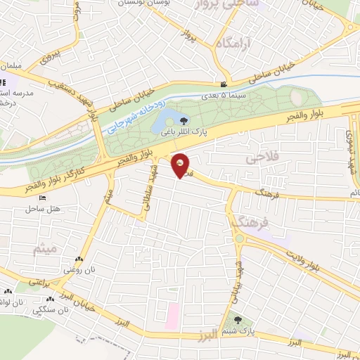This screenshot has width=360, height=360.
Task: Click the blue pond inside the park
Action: [169, 117]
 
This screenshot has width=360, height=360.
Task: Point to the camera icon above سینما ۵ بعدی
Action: [224, 84]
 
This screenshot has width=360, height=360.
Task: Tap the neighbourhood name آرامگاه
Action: [233, 44]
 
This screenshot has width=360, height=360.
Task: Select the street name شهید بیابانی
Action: [237, 277]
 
